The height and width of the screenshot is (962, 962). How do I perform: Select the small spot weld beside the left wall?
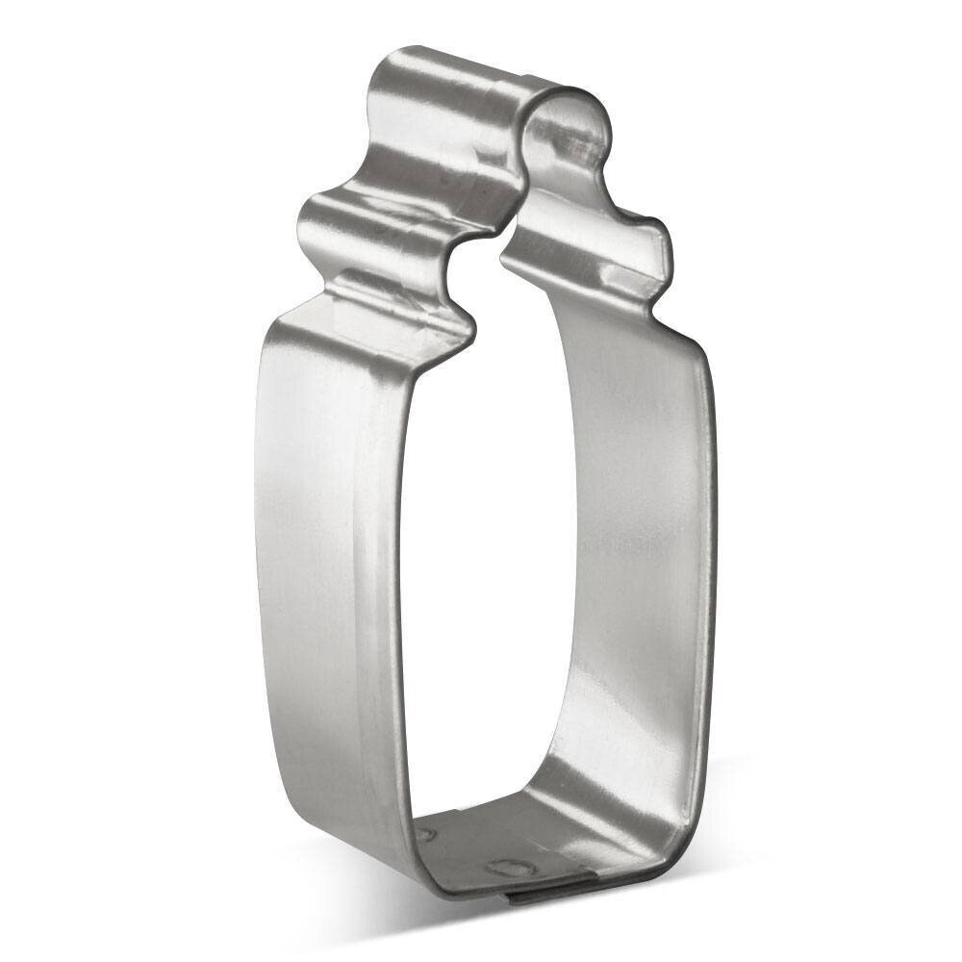(424, 833)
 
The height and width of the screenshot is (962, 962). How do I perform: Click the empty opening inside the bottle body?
(481, 577)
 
